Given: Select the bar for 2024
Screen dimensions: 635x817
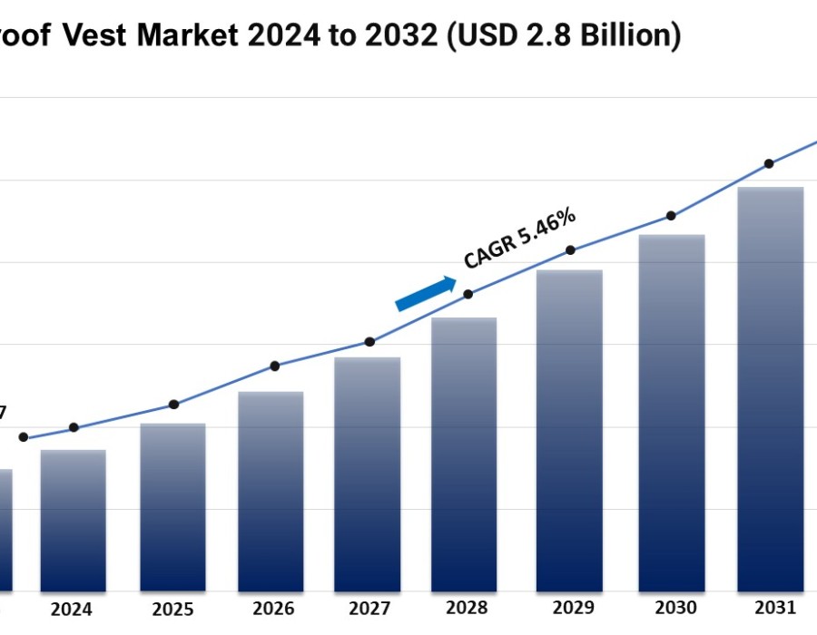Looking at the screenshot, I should tap(73, 521).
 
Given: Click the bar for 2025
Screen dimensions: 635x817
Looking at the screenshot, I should tap(172, 508).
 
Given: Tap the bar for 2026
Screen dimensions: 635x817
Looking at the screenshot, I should tap(271, 492).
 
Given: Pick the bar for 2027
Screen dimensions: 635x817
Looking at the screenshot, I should tap(368, 474).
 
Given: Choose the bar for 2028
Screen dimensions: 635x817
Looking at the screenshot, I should tap(464, 454).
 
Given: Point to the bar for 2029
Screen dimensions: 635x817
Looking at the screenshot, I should tap(569, 431).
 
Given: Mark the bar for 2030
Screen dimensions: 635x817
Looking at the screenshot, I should tap(672, 414).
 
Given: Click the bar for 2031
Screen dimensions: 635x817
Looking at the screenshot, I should tap(770, 390).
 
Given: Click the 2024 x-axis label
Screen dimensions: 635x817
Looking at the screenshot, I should tap(72, 610).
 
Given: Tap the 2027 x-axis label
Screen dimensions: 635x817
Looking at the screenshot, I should tap(369, 609).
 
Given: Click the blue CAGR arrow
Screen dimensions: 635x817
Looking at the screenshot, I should tap(426, 294).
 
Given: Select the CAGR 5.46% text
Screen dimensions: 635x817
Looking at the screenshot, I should tap(519, 238).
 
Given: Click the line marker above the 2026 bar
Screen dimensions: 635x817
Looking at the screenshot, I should tap(275, 366).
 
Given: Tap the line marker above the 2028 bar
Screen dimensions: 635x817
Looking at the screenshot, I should tap(468, 294).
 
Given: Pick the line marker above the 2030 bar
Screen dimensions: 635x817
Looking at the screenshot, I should tap(671, 216).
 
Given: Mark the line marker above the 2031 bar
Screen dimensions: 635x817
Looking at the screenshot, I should tap(769, 164).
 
